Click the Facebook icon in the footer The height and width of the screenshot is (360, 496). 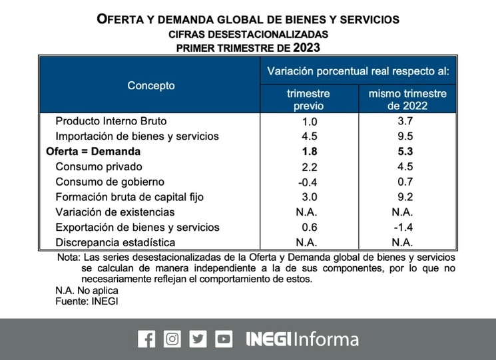click(146, 339)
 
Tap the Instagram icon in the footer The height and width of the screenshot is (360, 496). click(172, 339)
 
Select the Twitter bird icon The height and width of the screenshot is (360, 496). click(198, 339)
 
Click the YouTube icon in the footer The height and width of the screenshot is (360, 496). click(224, 339)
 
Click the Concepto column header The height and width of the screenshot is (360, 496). click(151, 85)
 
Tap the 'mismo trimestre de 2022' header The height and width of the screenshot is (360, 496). click(407, 99)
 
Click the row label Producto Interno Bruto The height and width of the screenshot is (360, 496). click(111, 121)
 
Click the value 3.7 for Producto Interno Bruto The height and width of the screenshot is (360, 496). click(407, 121)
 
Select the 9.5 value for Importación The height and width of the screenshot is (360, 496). click(407, 136)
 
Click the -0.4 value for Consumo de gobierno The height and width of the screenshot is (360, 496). click(308, 182)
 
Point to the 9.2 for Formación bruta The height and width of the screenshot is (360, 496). click(407, 197)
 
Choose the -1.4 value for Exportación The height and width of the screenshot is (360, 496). click(406, 227)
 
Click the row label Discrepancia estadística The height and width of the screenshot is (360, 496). click(115, 242)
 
